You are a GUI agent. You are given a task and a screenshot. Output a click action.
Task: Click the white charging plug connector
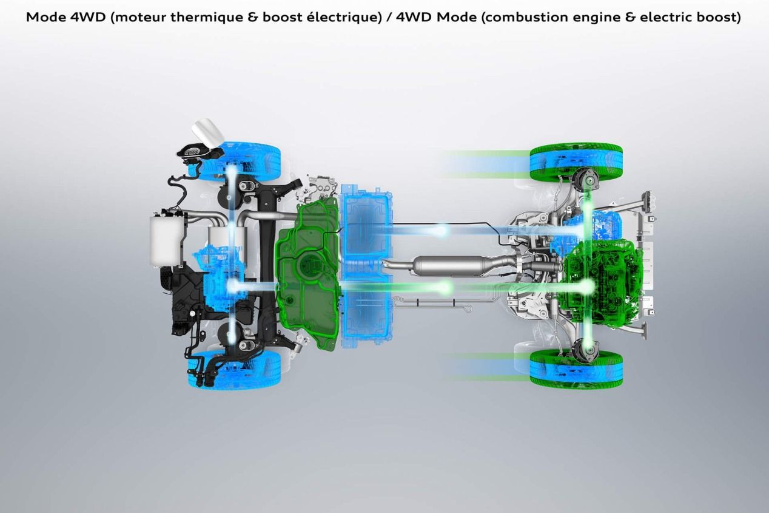coord(207,132)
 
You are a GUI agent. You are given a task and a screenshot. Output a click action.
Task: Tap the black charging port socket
coord(194,152)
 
